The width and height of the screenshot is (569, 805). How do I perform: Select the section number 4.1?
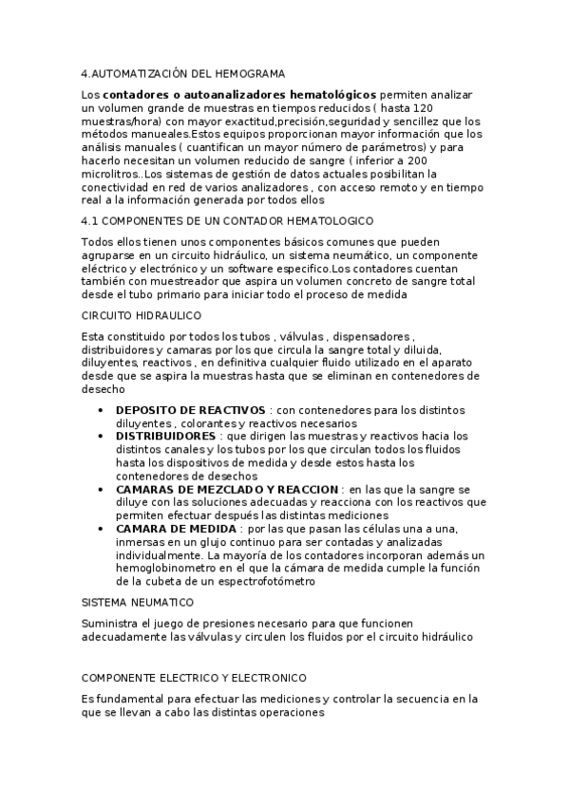click(x=93, y=221)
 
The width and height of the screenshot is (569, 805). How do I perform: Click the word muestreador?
click(x=178, y=283)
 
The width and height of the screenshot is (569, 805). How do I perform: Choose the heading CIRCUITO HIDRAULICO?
click(x=141, y=315)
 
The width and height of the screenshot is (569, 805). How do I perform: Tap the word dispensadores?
click(x=367, y=337)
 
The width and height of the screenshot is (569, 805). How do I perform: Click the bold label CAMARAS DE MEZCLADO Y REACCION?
click(x=227, y=489)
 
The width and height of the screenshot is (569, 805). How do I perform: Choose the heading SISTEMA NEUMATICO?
click(x=138, y=603)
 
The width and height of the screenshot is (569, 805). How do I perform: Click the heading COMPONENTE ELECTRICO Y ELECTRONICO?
click(x=194, y=679)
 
